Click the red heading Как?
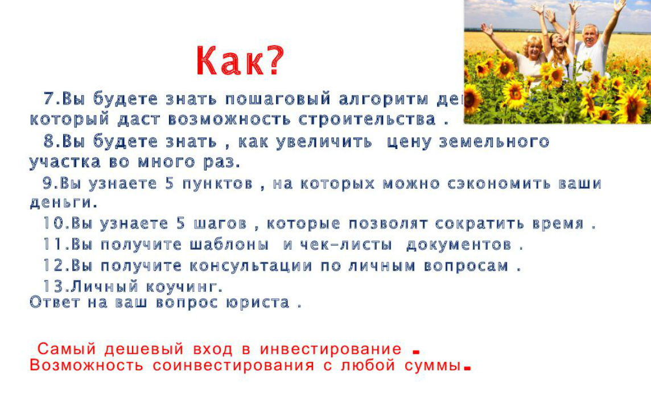pyautogui.click(x=239, y=61)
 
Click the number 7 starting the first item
pyautogui.click(x=50, y=99)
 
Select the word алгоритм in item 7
pyautogui.click(x=383, y=99)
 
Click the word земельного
pyautogui.click(x=494, y=142)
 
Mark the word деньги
pyautogui.click(x=62, y=203)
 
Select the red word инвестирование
pyautogui.click(x=331, y=349)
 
